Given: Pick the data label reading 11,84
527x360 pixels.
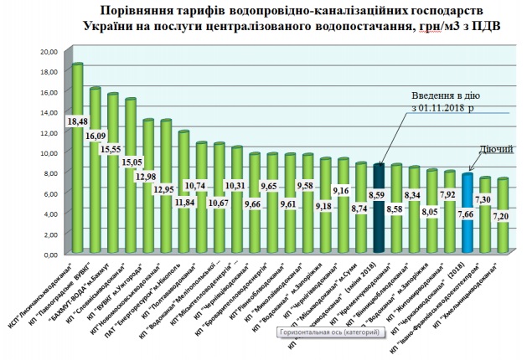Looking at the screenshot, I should coord(184,201).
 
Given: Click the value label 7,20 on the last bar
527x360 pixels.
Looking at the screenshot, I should coord(502,216).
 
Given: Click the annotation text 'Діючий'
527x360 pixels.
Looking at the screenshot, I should coord(496,149).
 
